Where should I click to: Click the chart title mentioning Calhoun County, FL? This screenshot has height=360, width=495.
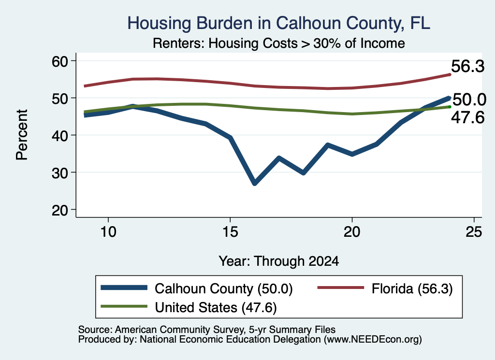coord(279,23)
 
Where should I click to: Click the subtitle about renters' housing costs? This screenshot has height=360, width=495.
coord(279,43)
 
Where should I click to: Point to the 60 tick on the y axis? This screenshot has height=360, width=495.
coord(60,61)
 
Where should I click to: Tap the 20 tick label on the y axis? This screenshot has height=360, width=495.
coord(60,210)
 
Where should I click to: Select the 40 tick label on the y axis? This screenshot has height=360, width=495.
coord(60,135)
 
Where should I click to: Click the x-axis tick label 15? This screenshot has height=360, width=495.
coord(230,232)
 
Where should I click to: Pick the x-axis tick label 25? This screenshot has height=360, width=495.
coord(474,232)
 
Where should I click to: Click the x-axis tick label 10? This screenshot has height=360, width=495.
coord(108,232)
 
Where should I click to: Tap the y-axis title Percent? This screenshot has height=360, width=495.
coord(22,135)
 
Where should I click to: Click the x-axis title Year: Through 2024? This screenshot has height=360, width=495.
coord(279,261)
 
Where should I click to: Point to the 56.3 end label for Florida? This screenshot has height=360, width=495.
coord(467,67)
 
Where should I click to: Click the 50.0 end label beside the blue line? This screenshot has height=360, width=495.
coord(469,100)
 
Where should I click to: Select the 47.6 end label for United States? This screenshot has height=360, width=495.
coord(467,118)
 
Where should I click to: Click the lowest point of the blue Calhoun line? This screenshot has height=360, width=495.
coord(255,183)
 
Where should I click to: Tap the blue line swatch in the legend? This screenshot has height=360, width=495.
coord(124,288)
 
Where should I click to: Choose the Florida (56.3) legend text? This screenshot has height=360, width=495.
coord(412,288)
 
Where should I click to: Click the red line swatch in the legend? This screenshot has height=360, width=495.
coord(341,288)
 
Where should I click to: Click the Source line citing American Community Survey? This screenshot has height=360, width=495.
coord(207,330)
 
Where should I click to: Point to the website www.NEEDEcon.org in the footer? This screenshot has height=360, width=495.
coord(373,340)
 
